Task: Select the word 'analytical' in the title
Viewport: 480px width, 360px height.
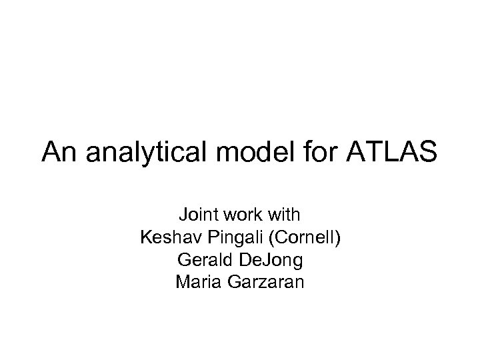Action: click(132, 153)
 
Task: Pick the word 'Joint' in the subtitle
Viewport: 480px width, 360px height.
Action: click(194, 215)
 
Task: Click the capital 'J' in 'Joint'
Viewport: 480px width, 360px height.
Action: click(181, 215)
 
